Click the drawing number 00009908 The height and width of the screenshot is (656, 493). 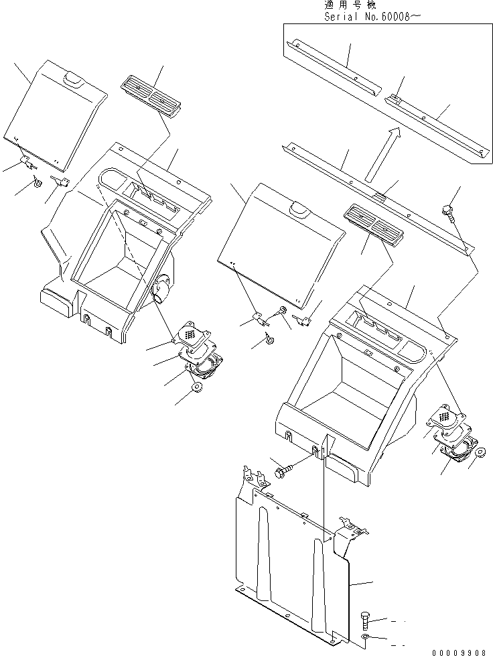459,650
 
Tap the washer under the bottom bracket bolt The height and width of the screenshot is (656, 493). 364,637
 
